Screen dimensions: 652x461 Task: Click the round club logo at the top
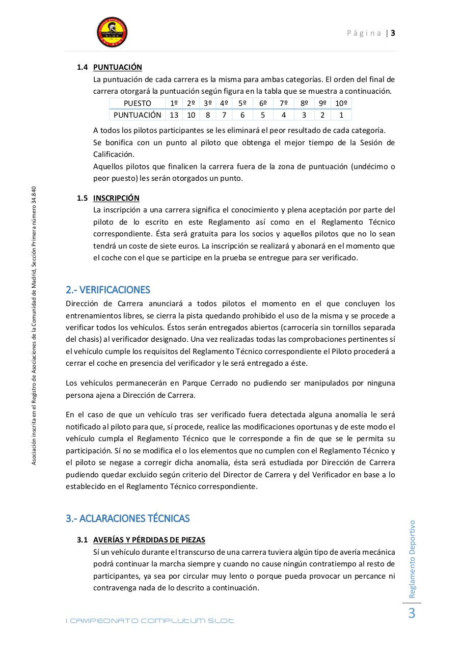click(112, 33)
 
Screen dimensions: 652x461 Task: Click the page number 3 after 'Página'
click(393, 33)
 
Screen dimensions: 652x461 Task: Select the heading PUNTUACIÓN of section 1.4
click(118, 67)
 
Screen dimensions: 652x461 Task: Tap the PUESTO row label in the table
click(137, 103)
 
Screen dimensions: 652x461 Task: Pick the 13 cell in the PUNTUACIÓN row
click(174, 115)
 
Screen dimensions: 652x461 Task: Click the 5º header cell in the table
click(242, 103)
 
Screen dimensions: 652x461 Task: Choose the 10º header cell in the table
click(341, 103)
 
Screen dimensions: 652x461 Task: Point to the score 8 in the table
click(208, 115)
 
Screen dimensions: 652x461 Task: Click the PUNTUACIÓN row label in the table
click(137, 115)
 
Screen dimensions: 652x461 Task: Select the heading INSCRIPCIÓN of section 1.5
click(116, 198)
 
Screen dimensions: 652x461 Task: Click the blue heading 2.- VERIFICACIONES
click(108, 290)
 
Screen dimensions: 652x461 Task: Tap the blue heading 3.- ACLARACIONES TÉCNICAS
click(127, 519)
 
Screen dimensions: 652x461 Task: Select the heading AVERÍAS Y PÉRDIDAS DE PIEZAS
click(149, 540)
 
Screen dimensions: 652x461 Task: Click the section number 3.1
click(83, 540)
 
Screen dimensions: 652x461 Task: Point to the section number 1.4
click(83, 67)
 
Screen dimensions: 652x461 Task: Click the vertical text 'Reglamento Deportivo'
click(412, 558)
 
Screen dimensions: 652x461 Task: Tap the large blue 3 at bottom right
click(412, 614)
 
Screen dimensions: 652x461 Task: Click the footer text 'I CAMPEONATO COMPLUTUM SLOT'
click(150, 621)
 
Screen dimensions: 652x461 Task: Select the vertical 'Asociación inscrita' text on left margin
click(34, 326)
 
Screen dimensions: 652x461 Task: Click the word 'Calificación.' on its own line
click(114, 154)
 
